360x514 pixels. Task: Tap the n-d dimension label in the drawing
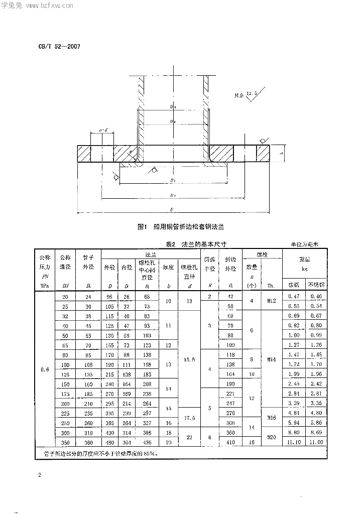point(103,130)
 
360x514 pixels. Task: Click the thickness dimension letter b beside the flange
point(282,154)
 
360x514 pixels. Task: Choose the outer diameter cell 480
point(109,442)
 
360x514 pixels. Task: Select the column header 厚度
point(168,267)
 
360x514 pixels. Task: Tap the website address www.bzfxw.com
point(50,7)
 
